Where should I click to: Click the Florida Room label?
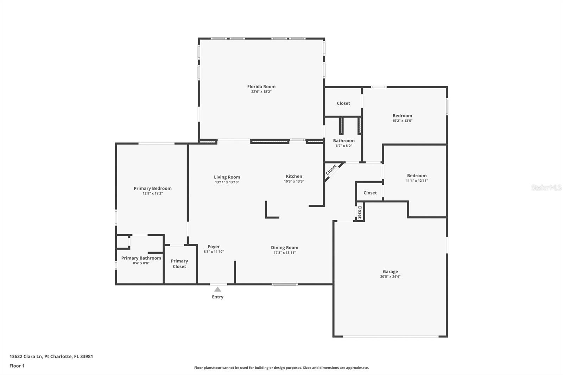coord(261,87)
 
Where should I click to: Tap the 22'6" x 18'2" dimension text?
coord(261,92)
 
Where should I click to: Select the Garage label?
coord(390,272)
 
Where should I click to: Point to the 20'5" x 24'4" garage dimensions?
coord(390,277)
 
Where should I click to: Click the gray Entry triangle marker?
coord(218,289)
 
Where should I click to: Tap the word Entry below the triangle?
coord(218,297)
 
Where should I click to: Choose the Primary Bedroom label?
coord(153,188)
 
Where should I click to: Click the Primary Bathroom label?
coord(141,258)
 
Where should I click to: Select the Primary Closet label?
coord(179,263)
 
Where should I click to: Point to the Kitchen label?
coord(294,176)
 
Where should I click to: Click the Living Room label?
coord(227,177)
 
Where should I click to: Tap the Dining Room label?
coord(285,248)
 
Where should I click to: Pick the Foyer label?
coord(214,247)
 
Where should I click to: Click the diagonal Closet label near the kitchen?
coord(331,170)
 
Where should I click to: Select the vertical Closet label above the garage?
coord(360,212)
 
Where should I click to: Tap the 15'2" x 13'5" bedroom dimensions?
coord(402,121)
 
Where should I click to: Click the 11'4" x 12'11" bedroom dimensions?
coord(417,181)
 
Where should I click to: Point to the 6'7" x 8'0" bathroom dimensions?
coord(343,146)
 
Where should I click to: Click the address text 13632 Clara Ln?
coord(26,356)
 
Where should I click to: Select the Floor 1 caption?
coord(17,366)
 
